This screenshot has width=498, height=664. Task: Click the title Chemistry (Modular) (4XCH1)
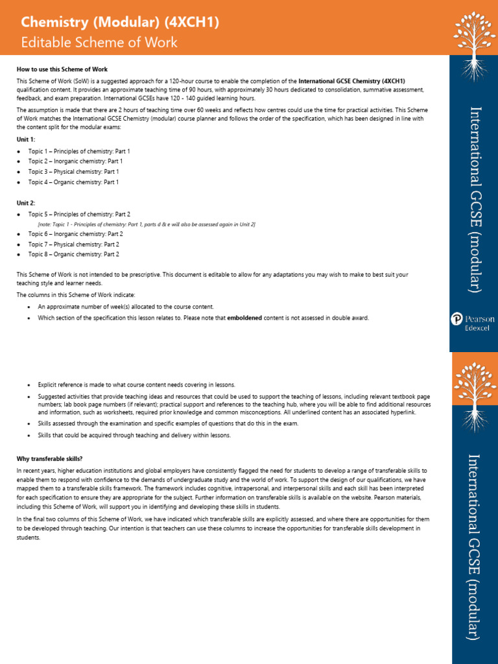pyautogui.click(x=120, y=23)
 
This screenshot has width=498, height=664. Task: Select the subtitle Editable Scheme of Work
pyautogui.click(x=99, y=43)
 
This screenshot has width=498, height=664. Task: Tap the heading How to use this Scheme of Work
pyautogui.click(x=62, y=69)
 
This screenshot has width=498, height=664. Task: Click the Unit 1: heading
pyautogui.click(x=26, y=139)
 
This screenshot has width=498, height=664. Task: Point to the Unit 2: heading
pyautogui.click(x=26, y=203)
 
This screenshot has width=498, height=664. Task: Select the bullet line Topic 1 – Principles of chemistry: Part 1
pyautogui.click(x=79, y=150)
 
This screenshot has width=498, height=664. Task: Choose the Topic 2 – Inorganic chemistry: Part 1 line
pyautogui.click(x=75, y=161)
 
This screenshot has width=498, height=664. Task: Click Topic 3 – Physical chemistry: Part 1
pyautogui.click(x=73, y=172)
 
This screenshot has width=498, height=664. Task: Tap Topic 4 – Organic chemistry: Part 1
pyautogui.click(x=73, y=182)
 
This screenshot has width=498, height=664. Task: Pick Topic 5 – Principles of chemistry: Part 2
pyautogui.click(x=79, y=214)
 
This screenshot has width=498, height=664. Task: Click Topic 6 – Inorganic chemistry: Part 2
pyautogui.click(x=75, y=233)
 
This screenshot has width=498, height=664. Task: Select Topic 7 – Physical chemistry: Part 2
pyautogui.click(x=73, y=244)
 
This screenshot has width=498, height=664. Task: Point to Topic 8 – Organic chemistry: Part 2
pyautogui.click(x=73, y=255)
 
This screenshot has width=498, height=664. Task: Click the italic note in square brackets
pyautogui.click(x=147, y=224)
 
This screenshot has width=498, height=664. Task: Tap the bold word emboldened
pyautogui.click(x=248, y=318)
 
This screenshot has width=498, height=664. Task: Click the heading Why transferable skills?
pyautogui.click(x=49, y=458)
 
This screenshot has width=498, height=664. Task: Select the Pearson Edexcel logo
pyautogui.click(x=473, y=322)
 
